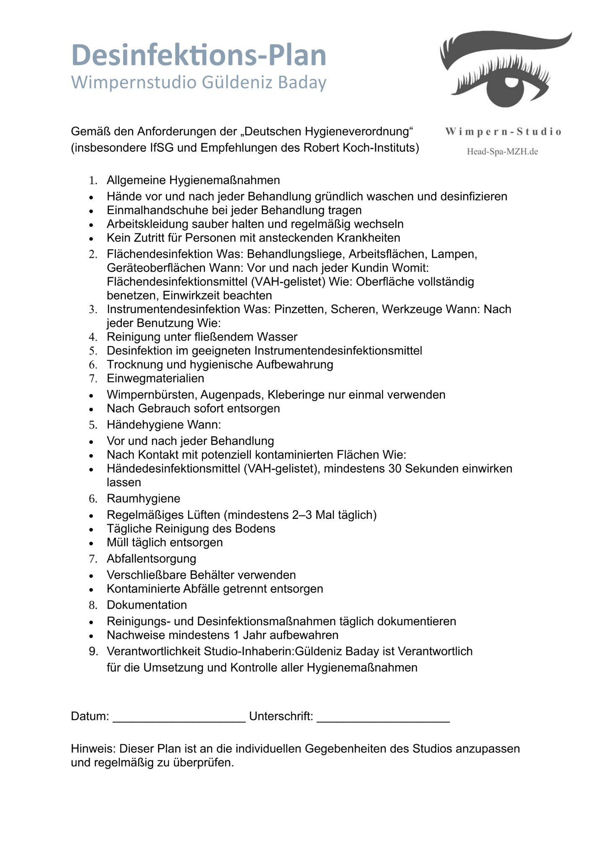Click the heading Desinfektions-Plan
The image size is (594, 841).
pyautogui.click(x=199, y=55)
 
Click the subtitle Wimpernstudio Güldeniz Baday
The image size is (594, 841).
pyautogui.click(x=199, y=82)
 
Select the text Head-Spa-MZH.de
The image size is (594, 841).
pyautogui.click(x=502, y=151)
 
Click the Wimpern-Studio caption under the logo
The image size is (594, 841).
pyautogui.click(x=503, y=132)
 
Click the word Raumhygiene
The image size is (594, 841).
pyautogui.click(x=143, y=499)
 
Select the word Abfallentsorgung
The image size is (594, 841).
pyautogui.click(x=151, y=559)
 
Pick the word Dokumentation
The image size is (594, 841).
pyautogui.click(x=147, y=605)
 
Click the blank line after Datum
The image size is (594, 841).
pyautogui.click(x=179, y=717)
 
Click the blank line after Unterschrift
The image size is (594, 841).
pyautogui.click(x=383, y=717)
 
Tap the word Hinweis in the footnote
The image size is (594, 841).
pyautogui.click(x=93, y=749)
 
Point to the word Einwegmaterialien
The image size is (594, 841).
pyautogui.click(x=155, y=378)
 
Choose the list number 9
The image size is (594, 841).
pyautogui.click(x=93, y=652)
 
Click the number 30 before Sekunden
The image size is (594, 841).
pyautogui.click(x=395, y=469)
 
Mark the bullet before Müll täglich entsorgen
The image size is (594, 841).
pyautogui.click(x=91, y=543)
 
